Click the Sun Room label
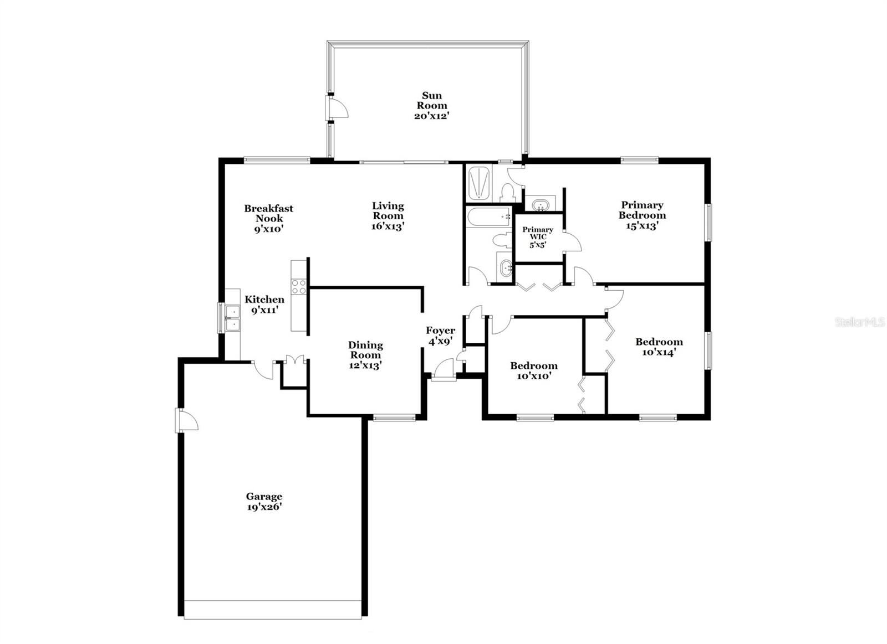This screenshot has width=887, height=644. tap(432, 100)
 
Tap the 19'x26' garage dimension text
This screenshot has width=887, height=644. tap(264, 507)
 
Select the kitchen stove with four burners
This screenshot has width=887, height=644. tap(299, 287)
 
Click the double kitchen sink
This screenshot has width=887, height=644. tap(233, 318)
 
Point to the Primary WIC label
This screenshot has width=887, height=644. tap(538, 233)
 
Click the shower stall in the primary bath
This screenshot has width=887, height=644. tap(478, 182)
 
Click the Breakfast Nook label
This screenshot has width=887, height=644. tap(269, 213)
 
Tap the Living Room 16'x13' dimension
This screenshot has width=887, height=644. tap(388, 226)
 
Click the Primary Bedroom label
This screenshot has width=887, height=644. tap(642, 210)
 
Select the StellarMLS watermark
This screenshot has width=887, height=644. tap(860, 322)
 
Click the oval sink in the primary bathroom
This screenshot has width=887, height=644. tap(538, 205)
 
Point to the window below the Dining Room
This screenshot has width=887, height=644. tap(394, 418)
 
